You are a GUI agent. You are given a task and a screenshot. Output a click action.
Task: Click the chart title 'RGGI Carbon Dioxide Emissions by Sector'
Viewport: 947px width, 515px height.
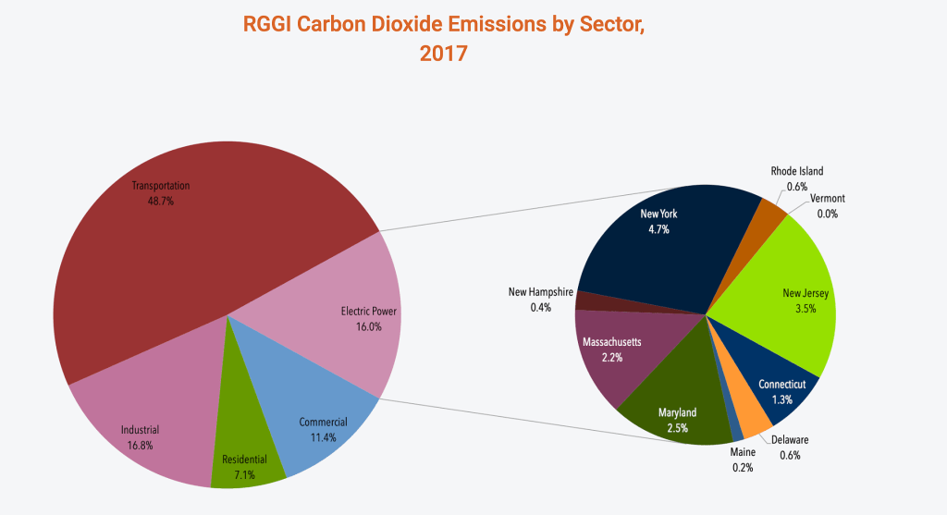[x=443, y=25]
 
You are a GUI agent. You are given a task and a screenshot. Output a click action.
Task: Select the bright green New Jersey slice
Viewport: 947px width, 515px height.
[x=786, y=287]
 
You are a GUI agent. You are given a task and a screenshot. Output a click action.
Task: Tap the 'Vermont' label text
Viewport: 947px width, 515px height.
[x=827, y=199]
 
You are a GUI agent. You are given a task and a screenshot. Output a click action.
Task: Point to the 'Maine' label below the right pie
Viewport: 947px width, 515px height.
[x=742, y=452]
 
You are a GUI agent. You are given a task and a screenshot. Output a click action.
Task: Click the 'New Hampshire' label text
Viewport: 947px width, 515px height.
[x=541, y=292]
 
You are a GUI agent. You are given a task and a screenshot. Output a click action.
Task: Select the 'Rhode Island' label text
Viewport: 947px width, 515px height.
[x=796, y=171]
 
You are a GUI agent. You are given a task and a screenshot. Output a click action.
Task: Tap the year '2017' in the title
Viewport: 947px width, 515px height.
[x=443, y=54]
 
